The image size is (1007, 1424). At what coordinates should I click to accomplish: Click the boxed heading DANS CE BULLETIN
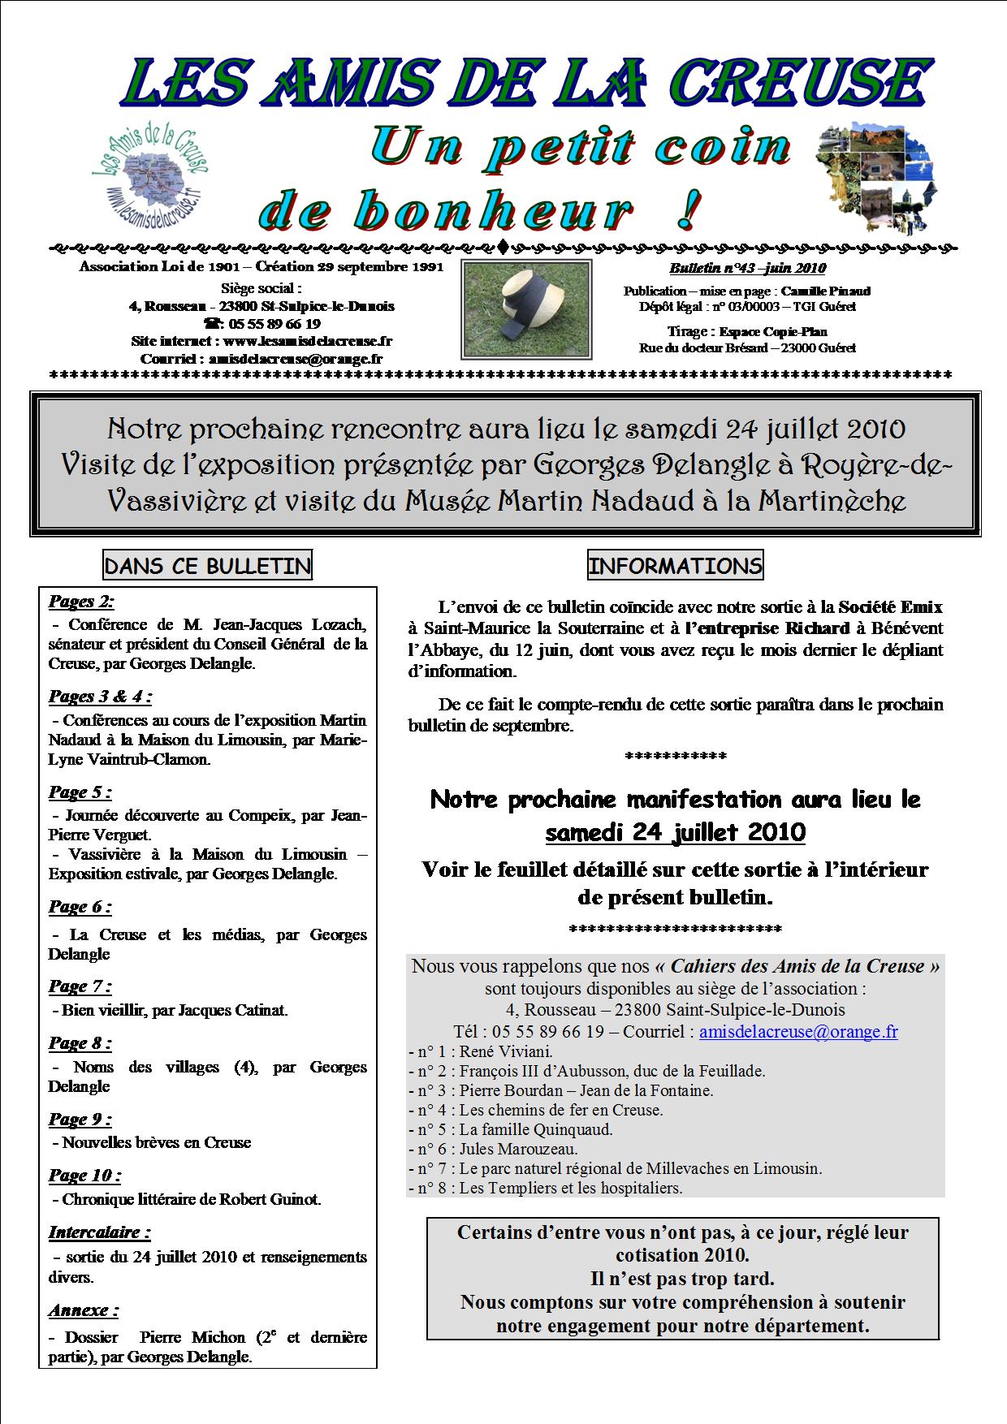tap(208, 566)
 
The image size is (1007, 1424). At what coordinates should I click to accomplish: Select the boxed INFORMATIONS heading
tap(675, 566)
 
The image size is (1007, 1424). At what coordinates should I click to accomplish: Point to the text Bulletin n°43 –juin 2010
tap(747, 269)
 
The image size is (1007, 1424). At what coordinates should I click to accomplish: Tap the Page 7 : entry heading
tap(80, 986)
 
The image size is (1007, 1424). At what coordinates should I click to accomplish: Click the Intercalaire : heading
tap(100, 1232)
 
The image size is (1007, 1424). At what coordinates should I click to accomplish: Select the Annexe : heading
tap(84, 1310)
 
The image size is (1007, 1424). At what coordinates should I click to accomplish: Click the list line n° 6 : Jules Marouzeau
tap(495, 1149)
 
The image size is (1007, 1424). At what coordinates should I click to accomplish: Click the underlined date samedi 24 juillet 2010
tap(675, 832)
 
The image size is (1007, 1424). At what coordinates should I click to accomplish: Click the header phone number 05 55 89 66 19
tap(274, 323)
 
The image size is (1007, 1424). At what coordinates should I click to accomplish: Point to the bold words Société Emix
tap(890, 606)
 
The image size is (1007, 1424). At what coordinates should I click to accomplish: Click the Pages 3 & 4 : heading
tap(100, 697)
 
